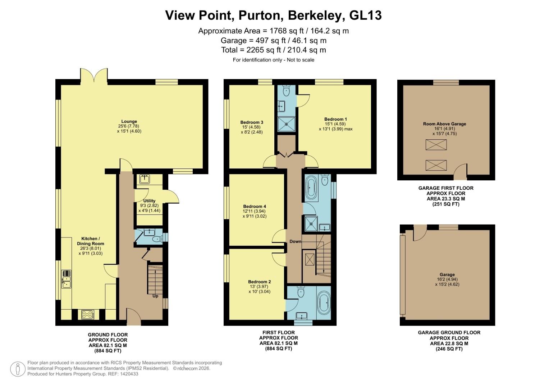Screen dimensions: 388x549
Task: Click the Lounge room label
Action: click(x=129, y=121)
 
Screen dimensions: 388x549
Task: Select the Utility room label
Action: click(x=149, y=201)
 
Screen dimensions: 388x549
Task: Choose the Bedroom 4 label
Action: click(x=255, y=206)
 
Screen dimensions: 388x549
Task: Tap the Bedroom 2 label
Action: click(x=259, y=282)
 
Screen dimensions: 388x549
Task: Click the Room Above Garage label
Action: click(x=444, y=124)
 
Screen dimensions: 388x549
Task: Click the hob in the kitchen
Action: click(x=87, y=314)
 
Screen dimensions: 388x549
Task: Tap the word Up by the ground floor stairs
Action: click(x=155, y=296)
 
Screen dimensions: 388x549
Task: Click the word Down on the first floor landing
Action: click(x=295, y=241)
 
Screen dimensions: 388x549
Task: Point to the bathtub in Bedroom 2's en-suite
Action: click(x=324, y=302)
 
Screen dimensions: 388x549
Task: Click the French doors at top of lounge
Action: click(x=94, y=76)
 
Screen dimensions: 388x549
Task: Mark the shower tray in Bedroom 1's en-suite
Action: click(x=287, y=124)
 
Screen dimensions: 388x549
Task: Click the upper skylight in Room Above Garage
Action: click(x=436, y=145)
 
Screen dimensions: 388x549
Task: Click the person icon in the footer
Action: click(x=17, y=369)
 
